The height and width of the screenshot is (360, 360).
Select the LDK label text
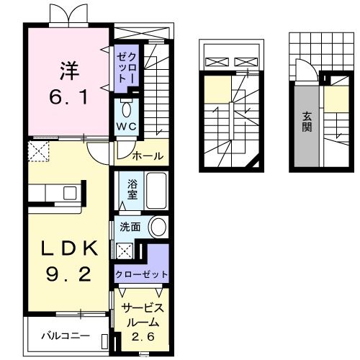click(x=69, y=249)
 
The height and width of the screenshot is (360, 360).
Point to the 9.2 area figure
click(x=69, y=274)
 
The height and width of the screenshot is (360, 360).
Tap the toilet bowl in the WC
click(x=128, y=109)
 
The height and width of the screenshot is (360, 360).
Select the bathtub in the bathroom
click(x=155, y=189)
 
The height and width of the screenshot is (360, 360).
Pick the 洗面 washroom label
click(x=130, y=226)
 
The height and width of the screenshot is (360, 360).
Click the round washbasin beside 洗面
click(x=158, y=226)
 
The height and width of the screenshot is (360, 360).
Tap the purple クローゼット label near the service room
click(x=141, y=274)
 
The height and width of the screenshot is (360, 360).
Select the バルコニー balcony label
click(x=65, y=336)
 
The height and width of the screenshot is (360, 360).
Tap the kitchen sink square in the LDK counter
click(x=70, y=194)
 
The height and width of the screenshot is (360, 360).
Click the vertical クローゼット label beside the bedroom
click(x=126, y=66)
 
